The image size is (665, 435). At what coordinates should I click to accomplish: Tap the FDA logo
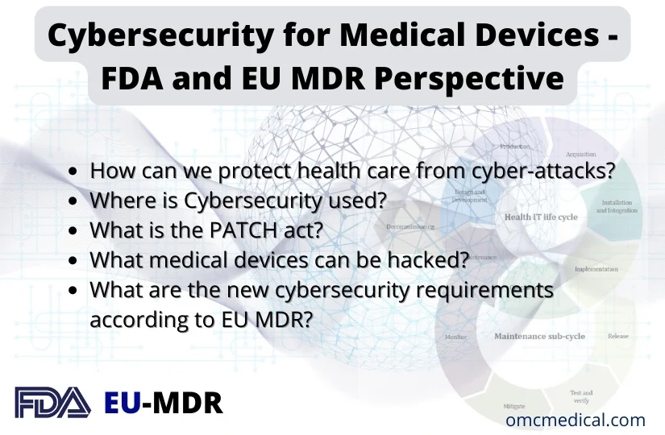click(52, 401)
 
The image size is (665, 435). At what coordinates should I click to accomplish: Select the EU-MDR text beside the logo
click(164, 401)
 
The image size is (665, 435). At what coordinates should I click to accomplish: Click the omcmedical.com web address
click(576, 420)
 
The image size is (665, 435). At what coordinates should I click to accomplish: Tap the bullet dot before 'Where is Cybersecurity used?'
click(74, 201)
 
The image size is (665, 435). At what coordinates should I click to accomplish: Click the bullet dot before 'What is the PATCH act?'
click(74, 230)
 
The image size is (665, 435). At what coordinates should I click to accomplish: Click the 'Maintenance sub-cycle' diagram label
click(539, 335)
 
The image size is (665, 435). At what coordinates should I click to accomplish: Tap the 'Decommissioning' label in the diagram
click(410, 227)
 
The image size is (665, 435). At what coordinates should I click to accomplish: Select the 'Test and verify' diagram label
click(581, 397)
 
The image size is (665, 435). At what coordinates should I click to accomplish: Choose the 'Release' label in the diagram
click(617, 336)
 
